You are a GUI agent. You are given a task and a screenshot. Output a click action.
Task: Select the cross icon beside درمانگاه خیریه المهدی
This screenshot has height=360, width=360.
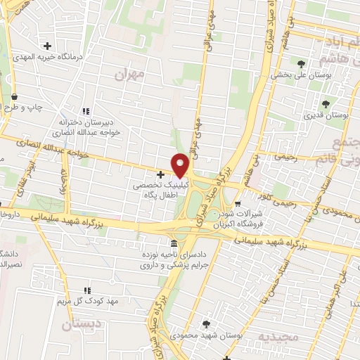click(47, 45)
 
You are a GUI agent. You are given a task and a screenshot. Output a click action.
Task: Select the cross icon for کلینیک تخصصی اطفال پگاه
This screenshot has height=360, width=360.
click(160, 174)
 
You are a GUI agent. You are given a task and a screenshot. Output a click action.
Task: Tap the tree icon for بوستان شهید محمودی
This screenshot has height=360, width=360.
click(206, 323)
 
